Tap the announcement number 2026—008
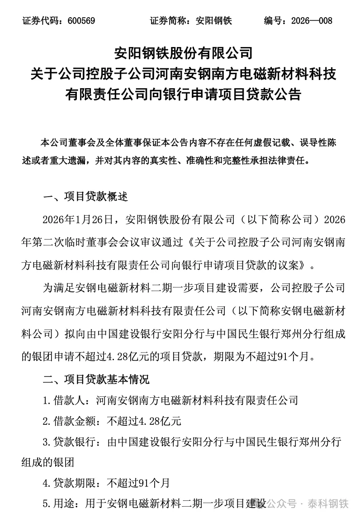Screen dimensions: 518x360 pos(312,21)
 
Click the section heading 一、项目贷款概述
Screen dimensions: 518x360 pos(85,197)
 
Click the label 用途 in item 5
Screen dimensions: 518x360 pos(64,504)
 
